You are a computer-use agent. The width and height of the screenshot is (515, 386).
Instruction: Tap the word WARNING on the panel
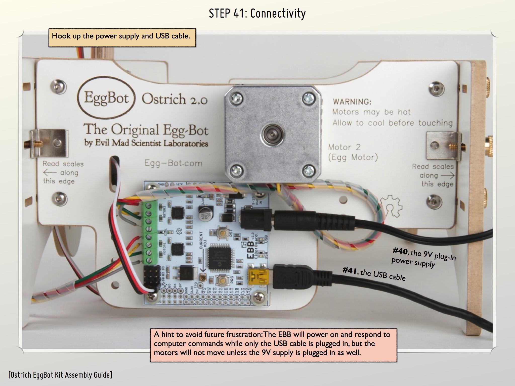tap(352, 102)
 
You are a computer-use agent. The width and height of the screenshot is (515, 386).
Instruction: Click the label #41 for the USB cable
tap(350, 271)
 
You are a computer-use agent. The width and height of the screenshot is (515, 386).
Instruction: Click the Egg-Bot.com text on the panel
tap(174, 163)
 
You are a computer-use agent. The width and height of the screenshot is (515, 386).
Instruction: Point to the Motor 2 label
tap(345, 147)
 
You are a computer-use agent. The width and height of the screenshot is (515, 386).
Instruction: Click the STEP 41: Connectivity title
tap(257, 13)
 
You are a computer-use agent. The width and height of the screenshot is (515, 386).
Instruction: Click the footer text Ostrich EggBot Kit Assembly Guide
tap(60, 375)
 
